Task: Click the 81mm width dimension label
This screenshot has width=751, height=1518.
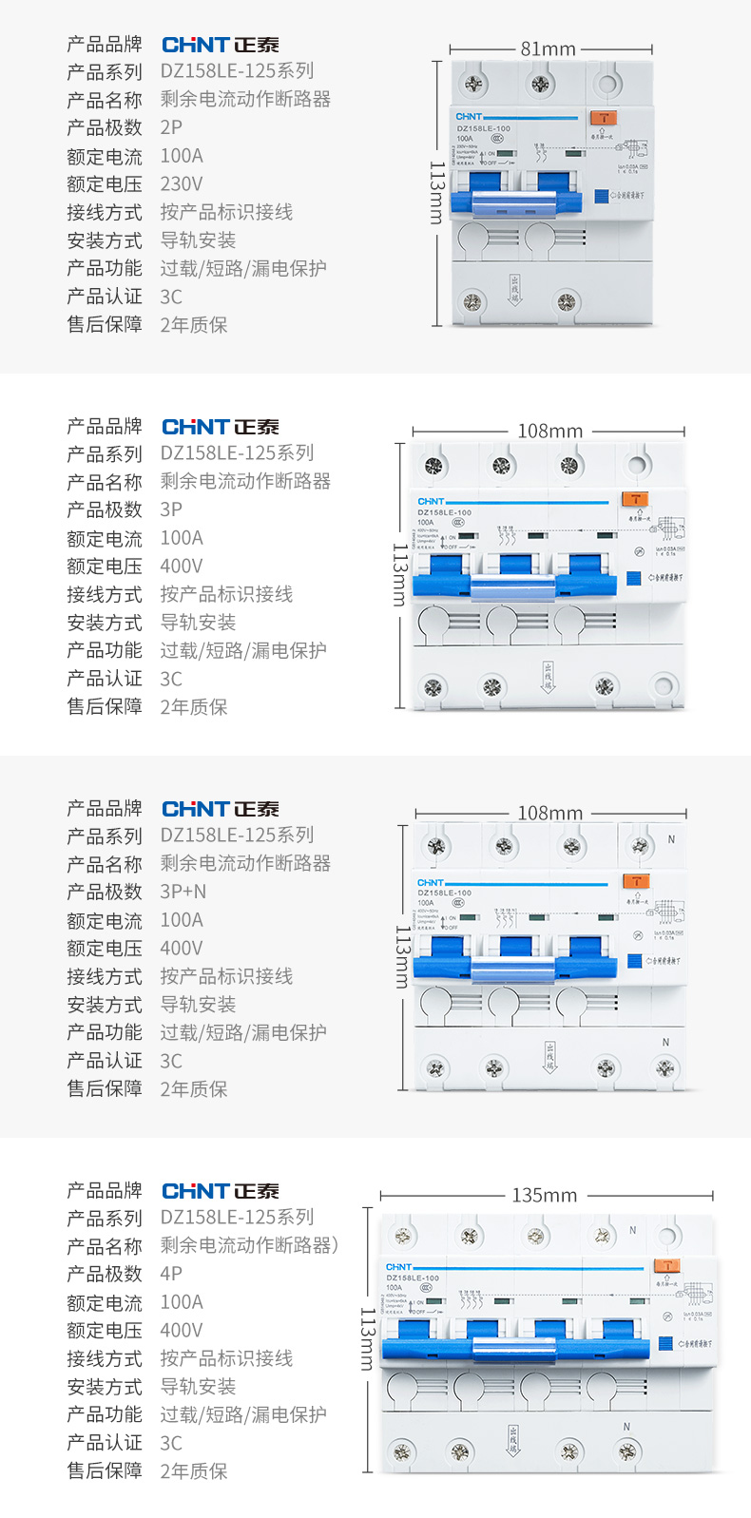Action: [x=549, y=48]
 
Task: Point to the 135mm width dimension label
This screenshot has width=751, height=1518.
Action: [x=545, y=1195]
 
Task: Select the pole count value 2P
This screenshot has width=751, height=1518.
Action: [x=171, y=127]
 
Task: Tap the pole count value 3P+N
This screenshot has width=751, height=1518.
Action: [x=183, y=892]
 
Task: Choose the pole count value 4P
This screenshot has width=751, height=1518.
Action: [x=171, y=1274]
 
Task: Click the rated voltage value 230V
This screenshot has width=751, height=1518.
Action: [x=181, y=183]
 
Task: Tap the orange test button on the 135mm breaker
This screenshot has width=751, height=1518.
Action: [x=668, y=1265]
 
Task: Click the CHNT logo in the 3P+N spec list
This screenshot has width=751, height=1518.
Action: [x=220, y=809]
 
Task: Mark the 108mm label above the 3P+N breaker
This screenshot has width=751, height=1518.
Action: [x=549, y=813]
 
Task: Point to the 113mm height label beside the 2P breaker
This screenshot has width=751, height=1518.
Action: [x=436, y=193]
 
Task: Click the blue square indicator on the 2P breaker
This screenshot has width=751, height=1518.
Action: [x=601, y=196]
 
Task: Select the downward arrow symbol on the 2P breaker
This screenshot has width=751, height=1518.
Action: [x=514, y=289]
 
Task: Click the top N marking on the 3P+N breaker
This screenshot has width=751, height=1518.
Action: [x=671, y=839]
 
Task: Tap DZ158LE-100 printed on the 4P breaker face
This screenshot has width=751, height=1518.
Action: [x=413, y=1278]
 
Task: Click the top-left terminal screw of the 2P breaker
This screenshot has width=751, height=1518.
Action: [x=473, y=85]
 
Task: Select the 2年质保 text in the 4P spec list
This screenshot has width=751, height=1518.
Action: [x=194, y=1470]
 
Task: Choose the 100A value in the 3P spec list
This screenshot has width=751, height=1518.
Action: [x=181, y=538]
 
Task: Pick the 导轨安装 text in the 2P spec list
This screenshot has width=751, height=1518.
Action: [x=198, y=240]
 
